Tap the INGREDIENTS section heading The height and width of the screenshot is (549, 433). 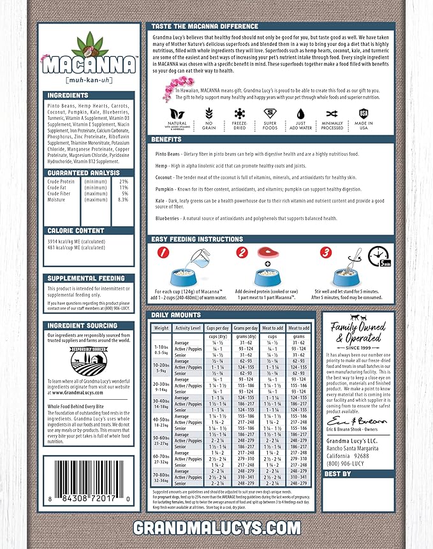(68, 96)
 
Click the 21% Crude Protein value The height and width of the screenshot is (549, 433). (124, 182)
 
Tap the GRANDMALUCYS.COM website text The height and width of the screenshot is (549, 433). (216, 527)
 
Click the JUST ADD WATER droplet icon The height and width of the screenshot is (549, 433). (301, 112)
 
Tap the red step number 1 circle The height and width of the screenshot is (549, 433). (162, 253)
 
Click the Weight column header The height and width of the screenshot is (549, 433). (162, 328)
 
